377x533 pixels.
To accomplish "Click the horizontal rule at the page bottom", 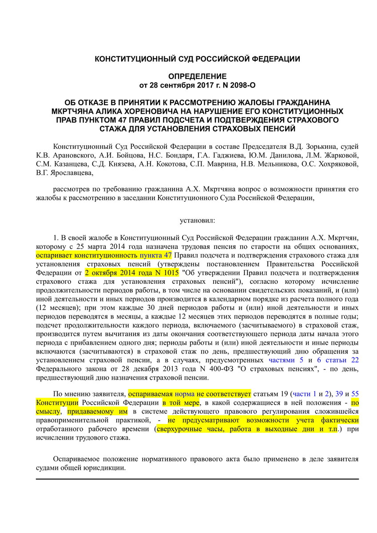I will pos(197,479).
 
